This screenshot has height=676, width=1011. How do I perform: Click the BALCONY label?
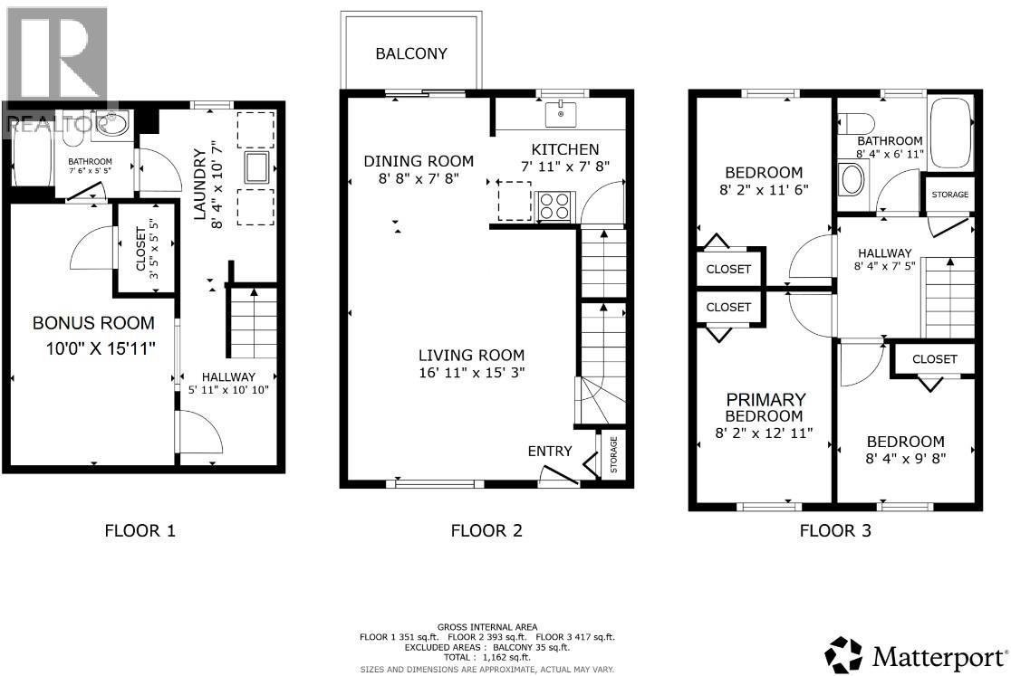[411, 53]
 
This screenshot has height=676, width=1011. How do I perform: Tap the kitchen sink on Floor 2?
[561, 115]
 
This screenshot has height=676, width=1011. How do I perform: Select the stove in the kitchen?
[554, 206]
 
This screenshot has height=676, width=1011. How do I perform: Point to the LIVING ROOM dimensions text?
[471, 372]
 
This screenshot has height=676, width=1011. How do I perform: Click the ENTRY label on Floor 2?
[550, 452]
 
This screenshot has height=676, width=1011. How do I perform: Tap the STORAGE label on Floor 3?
[948, 195]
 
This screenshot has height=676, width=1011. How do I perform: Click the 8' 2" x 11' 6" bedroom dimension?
[764, 190]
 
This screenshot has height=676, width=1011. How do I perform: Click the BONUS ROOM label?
[93, 323]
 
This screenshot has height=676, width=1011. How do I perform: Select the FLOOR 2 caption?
[486, 531]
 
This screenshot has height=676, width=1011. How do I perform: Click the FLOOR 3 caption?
[835, 531]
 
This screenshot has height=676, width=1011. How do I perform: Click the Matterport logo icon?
[844, 653]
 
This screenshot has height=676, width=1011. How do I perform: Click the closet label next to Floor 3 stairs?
[934, 359]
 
